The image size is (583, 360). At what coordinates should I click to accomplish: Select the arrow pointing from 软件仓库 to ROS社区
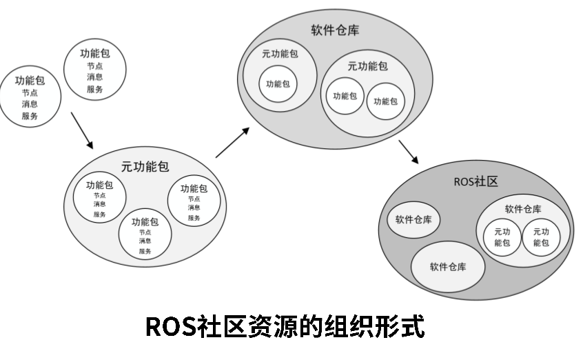[x=408, y=151]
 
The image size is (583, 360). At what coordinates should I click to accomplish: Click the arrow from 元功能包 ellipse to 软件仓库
[x=232, y=143]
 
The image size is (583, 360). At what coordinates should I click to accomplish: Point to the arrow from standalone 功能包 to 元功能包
[x=82, y=134]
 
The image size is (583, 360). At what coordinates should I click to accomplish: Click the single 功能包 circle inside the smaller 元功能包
[x=278, y=84]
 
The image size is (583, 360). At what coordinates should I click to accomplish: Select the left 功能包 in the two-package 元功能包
[x=345, y=96]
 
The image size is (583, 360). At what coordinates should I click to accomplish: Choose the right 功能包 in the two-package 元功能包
[x=385, y=101]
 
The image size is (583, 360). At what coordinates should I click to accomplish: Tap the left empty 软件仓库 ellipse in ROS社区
[x=413, y=220]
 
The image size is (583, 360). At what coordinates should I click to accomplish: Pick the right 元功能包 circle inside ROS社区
[x=541, y=237]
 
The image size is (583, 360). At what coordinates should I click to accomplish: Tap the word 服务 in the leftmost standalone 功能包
[x=30, y=116]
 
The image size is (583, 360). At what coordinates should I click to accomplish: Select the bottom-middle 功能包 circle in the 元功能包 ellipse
[x=145, y=235]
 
